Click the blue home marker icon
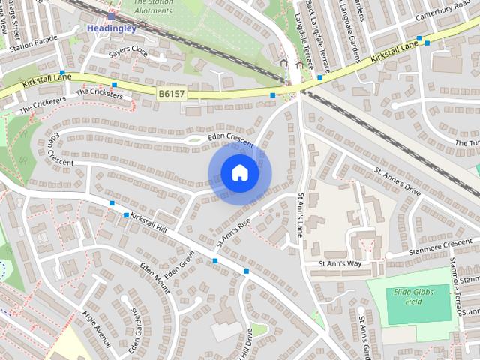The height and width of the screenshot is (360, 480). click(239, 173)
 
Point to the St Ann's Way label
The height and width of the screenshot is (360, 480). click(340, 264)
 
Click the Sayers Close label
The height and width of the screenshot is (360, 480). click(128, 50)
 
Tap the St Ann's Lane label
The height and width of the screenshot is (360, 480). click(301, 214)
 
